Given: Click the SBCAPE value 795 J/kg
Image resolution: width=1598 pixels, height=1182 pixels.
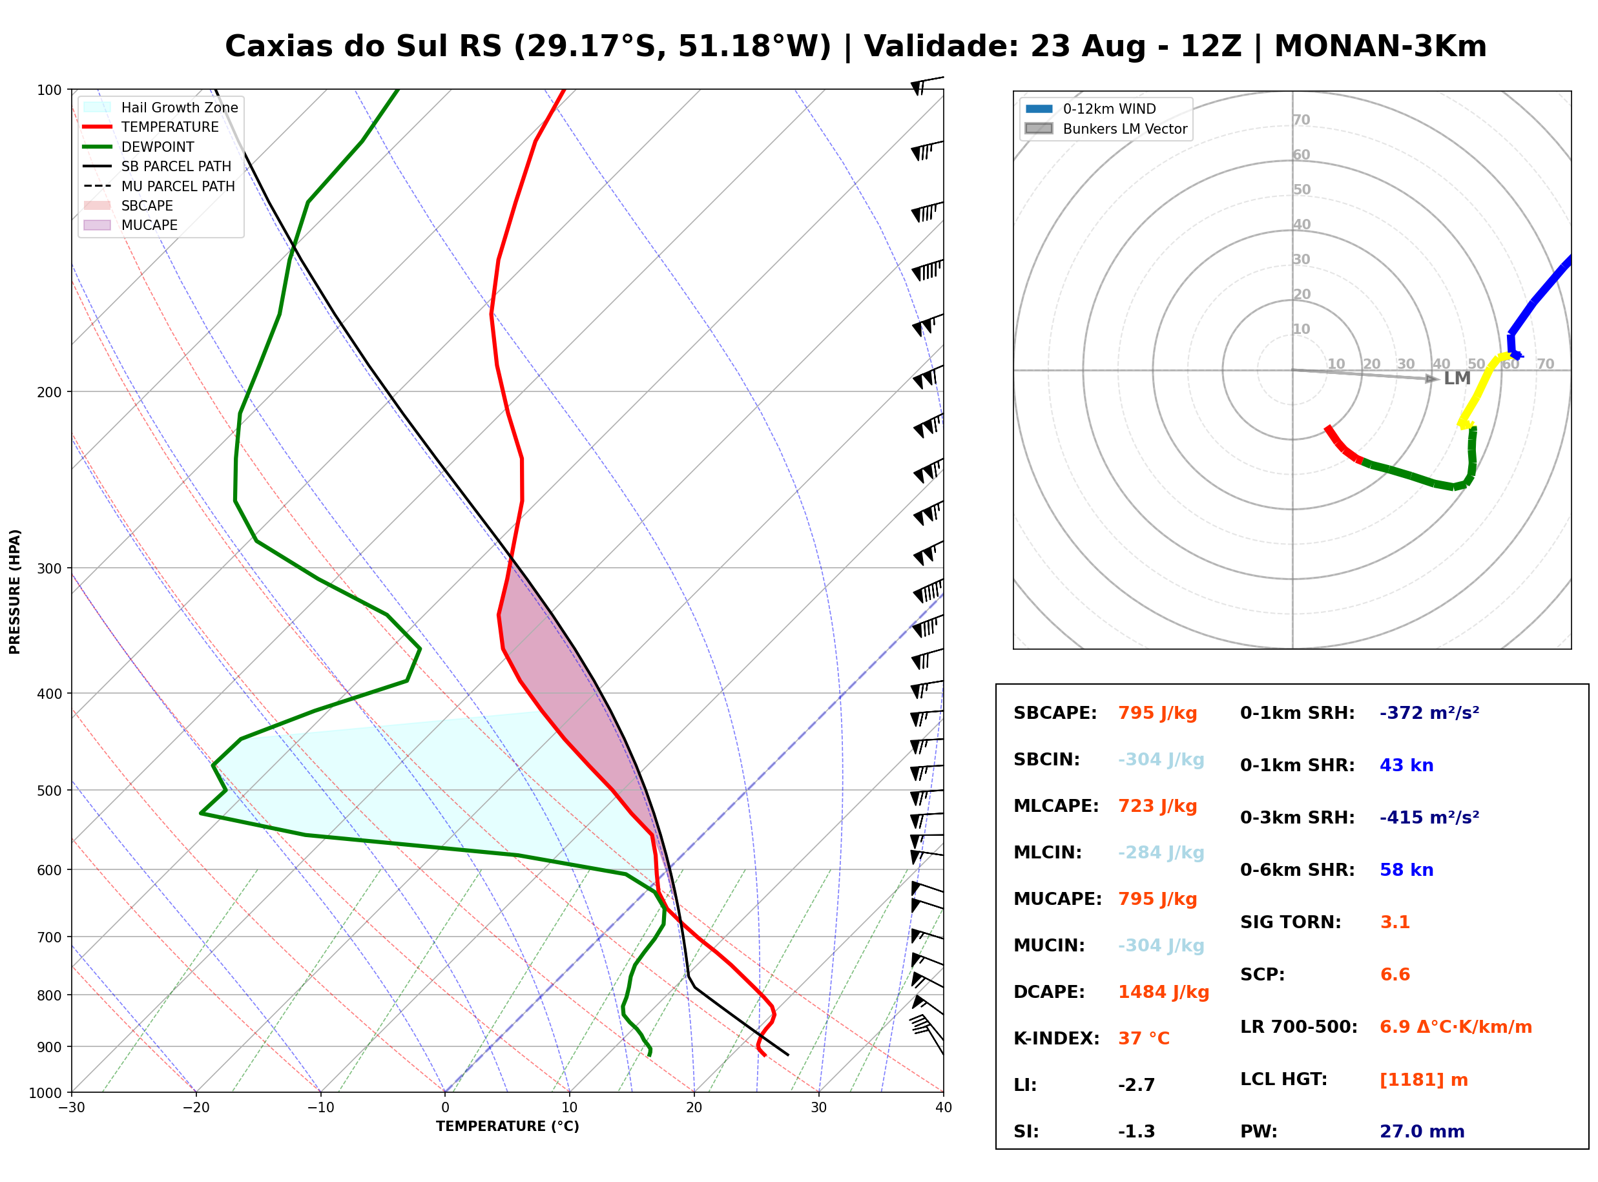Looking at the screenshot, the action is tap(1157, 713).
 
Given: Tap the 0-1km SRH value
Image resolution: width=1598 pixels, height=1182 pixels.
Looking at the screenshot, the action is tap(1429, 713).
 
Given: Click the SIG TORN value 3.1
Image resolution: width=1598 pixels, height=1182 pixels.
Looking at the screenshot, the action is tap(1395, 922).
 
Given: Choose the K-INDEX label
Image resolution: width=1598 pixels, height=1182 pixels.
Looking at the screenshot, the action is tap(1057, 1039).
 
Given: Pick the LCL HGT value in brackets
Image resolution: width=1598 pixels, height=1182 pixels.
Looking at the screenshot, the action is tap(1424, 1081).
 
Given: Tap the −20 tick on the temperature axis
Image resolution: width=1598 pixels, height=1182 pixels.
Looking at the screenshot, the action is tap(196, 1108).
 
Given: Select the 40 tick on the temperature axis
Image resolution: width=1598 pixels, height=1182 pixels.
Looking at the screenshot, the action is tap(944, 1108).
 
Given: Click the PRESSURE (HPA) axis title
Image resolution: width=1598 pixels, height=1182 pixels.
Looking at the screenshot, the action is tap(15, 592).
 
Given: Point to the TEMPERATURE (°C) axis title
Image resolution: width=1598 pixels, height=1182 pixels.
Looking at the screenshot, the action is tap(508, 1127).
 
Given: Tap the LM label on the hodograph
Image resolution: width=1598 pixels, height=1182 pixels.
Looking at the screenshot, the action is tap(1457, 378).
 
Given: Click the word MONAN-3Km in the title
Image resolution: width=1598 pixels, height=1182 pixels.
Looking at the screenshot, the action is tap(1380, 46).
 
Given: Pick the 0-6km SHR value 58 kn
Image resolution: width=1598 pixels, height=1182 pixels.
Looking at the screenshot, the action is tap(1406, 870).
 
